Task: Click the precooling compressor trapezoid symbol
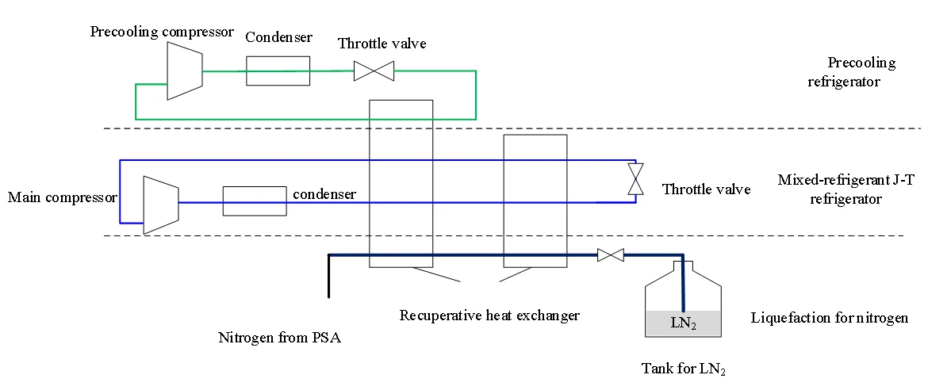(x=185, y=71)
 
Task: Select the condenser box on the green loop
(x=278, y=71)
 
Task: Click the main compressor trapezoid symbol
(x=161, y=205)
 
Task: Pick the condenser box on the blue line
(x=254, y=201)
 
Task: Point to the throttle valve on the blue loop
(x=635, y=179)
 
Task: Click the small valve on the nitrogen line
(x=610, y=255)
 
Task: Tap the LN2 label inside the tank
(x=683, y=323)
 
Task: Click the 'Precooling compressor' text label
(x=162, y=32)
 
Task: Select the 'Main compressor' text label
(x=63, y=197)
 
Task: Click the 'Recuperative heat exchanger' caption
(x=489, y=315)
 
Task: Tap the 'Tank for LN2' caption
(x=683, y=369)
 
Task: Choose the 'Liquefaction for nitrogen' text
(x=829, y=319)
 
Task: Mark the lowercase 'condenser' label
(x=324, y=193)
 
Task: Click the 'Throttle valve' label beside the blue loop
(x=706, y=189)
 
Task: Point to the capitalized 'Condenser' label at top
(x=278, y=37)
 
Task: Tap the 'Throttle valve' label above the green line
(x=382, y=44)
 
